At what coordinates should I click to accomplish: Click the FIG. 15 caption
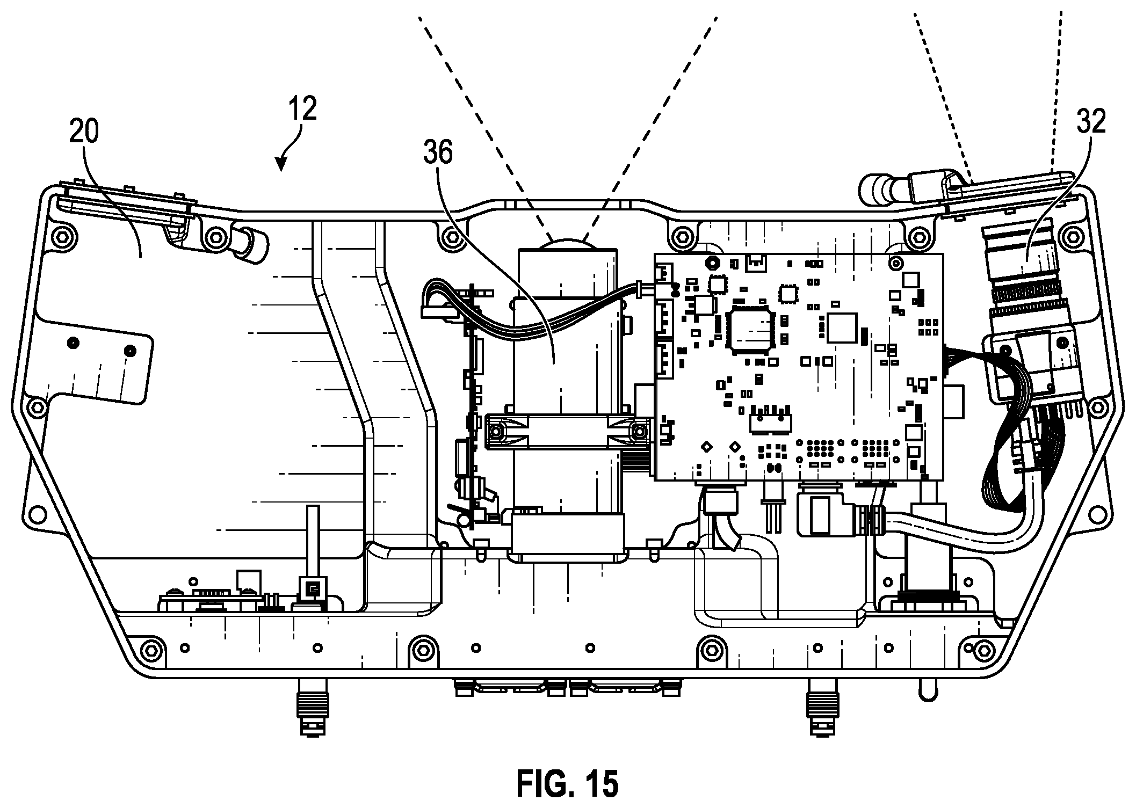(567, 784)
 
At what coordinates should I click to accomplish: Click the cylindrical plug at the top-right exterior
(881, 191)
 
